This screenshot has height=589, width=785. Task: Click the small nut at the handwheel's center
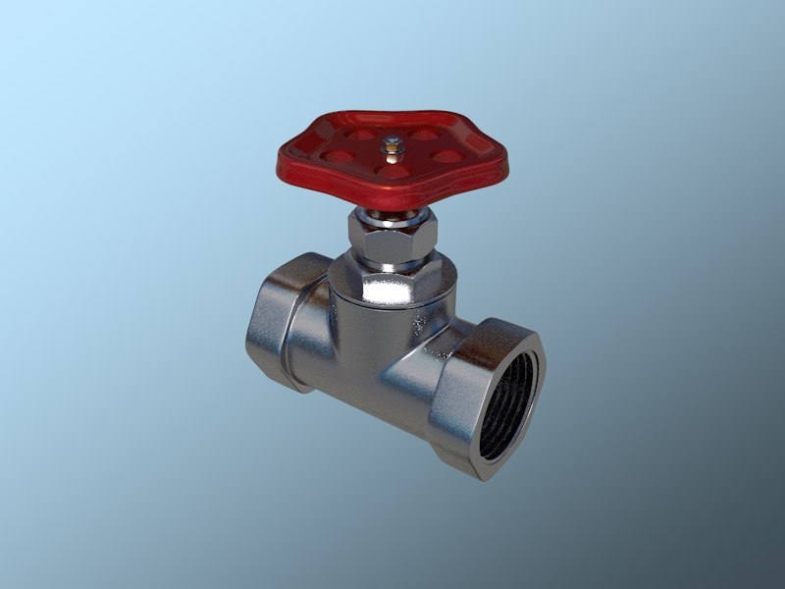tap(394, 148)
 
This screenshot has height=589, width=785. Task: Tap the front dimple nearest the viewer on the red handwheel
tap(392, 171)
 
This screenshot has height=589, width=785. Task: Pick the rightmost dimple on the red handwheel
tap(446, 156)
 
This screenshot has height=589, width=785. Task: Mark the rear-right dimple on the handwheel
tap(424, 134)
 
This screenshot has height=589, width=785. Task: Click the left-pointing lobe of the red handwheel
tap(290, 157)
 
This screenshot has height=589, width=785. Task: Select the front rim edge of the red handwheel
tap(392, 196)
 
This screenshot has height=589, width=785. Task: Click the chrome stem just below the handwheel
tap(392, 215)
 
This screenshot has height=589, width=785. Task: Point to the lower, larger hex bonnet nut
tap(392, 286)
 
